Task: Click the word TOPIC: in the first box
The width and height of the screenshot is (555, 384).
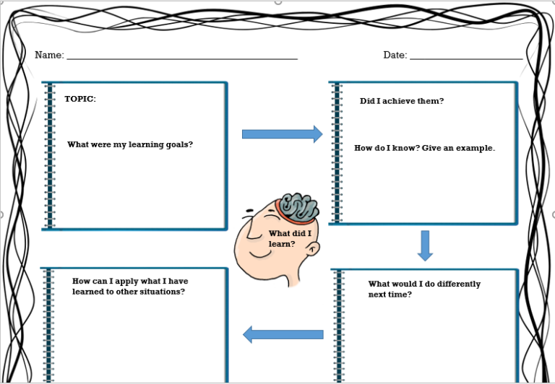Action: click(80, 100)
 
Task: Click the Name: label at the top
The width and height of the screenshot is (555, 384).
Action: click(49, 56)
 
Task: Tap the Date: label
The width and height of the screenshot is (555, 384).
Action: click(395, 56)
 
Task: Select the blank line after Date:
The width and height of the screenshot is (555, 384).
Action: click(466, 58)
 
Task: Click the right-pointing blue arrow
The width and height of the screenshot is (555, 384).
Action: click(282, 134)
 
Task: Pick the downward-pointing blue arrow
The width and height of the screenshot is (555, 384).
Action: click(425, 245)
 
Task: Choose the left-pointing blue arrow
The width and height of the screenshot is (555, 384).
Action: click(283, 334)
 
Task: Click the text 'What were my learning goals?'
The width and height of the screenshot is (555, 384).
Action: click(130, 144)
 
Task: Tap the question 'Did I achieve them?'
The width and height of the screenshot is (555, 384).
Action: click(402, 101)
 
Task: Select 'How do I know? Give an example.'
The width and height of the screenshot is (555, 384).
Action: click(424, 148)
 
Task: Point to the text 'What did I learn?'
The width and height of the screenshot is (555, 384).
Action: click(289, 238)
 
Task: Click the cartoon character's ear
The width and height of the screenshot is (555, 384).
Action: click(312, 249)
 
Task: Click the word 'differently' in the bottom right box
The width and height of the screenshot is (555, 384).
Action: click(458, 284)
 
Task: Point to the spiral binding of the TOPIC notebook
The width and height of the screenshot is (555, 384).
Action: click(50, 155)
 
